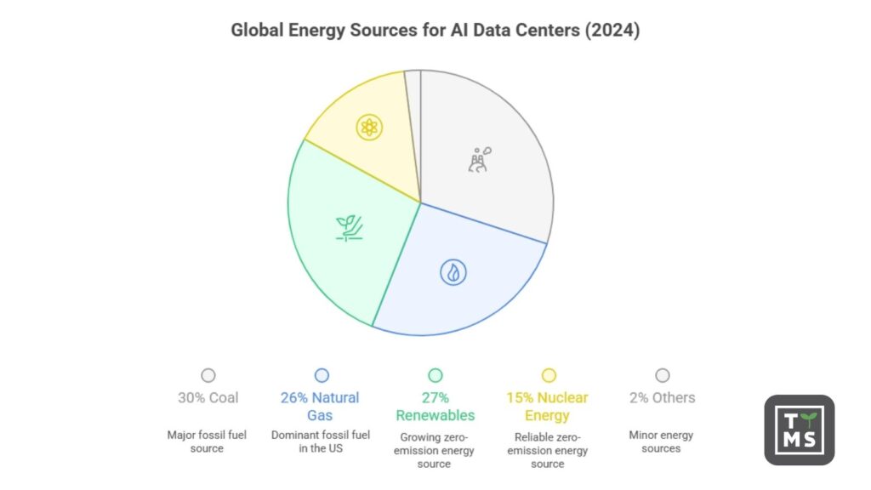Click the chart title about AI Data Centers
coord(435,30)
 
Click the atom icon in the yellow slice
coord(369,128)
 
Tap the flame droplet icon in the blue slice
coord(453,272)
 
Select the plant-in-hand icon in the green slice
coord(350,227)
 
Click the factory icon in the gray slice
coord(480,159)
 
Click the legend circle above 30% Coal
coord(208,375)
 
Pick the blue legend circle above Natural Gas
coord(322,375)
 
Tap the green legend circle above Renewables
coord(435,375)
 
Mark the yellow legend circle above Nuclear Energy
coord(549,375)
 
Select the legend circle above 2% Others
coord(663,375)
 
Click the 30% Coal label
coord(208,398)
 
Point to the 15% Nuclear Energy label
coord(549,406)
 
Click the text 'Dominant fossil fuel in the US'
coord(322,442)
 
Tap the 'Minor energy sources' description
coord(662,442)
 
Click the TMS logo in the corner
coord(799,430)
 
